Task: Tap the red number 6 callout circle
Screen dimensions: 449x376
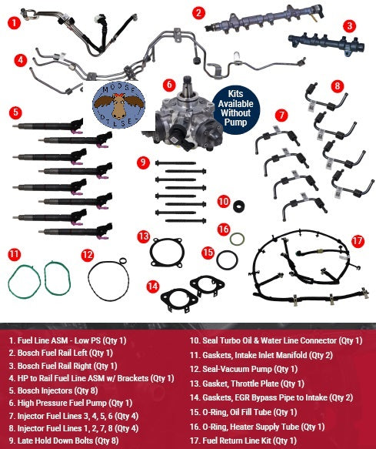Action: click(168, 83)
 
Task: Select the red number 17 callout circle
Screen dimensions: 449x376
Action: click(356, 241)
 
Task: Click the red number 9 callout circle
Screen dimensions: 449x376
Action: click(143, 163)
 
